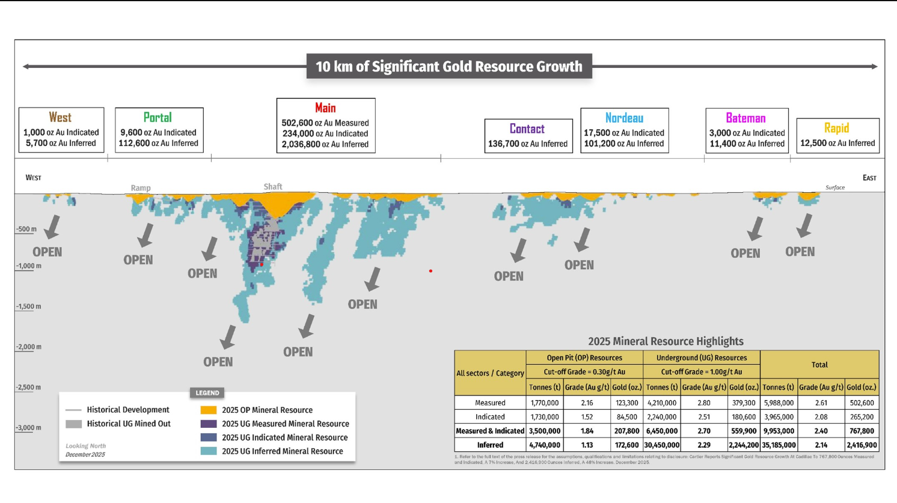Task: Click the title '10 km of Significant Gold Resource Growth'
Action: coord(448,67)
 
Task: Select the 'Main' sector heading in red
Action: coord(325,108)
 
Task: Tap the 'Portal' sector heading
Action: coord(158,118)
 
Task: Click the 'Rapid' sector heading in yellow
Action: coord(836,128)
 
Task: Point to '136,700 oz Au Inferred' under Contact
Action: coord(528,144)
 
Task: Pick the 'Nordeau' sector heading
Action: coord(624,118)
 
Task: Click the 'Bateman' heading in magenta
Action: coord(745,118)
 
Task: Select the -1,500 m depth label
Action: coord(29,306)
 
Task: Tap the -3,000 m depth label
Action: coord(29,428)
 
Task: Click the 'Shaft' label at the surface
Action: coord(272,187)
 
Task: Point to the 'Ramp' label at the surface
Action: coord(141,188)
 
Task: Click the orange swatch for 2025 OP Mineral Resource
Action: coord(208,410)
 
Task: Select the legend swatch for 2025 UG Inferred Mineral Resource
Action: coord(208,451)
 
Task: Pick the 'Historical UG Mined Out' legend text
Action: coord(128,424)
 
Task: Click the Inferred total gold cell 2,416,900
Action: coord(862,445)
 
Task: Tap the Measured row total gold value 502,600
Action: coord(862,403)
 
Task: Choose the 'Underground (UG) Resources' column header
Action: coord(701,358)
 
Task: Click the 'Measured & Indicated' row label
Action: coord(490,431)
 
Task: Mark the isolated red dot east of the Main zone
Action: coord(430,271)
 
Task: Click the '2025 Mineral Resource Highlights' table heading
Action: coord(666,341)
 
